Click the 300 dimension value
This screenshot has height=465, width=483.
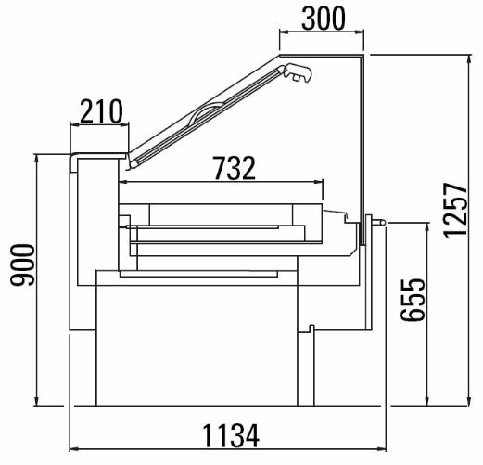pos(324,19)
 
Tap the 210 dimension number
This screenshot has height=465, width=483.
pos(101,111)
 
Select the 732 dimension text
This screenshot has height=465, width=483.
pos(235,168)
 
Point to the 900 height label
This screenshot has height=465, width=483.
pos(23,265)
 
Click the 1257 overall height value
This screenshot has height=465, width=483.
pos(455,211)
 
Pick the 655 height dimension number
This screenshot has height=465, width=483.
pos(413,300)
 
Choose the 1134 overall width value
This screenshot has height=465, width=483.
pos(231,436)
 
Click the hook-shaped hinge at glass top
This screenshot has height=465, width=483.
pos(298,72)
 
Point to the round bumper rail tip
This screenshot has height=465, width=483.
pos(382,222)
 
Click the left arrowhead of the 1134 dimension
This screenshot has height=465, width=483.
pos(74,448)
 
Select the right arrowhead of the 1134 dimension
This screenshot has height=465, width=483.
pos(381,448)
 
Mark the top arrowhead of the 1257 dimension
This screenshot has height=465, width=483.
pos(470,59)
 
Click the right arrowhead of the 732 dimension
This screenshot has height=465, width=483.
pos(318,182)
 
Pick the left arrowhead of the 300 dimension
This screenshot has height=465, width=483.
pos(284,31)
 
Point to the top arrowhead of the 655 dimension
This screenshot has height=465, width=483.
pos(427,227)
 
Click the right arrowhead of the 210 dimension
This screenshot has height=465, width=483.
pos(123,124)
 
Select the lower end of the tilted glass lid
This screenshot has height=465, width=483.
pos(133,165)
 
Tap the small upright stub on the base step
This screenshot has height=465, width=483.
pos(311,329)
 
